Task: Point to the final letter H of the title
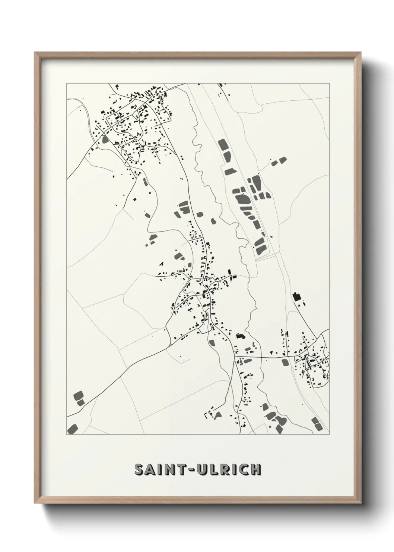(x=255, y=470)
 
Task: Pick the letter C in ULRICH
(x=244, y=470)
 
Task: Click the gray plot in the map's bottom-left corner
(x=73, y=429)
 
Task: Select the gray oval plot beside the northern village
(x=104, y=140)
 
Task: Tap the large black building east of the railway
(x=296, y=297)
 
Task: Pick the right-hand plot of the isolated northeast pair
(x=283, y=160)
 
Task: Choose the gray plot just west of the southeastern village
(x=285, y=362)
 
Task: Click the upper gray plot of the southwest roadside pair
(x=79, y=395)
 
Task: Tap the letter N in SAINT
(x=173, y=470)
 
